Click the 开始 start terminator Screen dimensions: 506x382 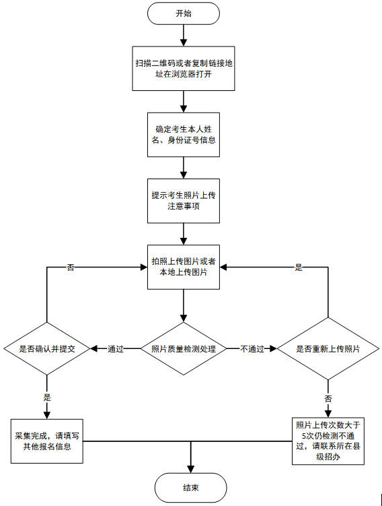click(184, 13)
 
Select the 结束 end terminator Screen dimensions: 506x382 click(190, 486)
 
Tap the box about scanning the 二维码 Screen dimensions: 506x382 click(184, 69)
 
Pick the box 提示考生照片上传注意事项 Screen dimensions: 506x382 click(184, 201)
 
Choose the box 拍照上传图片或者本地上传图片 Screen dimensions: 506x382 click(184, 267)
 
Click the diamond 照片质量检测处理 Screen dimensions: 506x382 click(184, 349)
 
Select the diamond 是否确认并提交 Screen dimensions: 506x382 click(47, 349)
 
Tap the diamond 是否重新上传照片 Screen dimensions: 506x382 click(328, 349)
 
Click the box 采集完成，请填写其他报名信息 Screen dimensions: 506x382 click(47, 441)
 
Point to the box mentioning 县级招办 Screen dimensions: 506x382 click(328, 441)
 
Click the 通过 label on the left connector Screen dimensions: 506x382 click(116, 349)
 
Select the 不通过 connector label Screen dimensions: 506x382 click(253, 349)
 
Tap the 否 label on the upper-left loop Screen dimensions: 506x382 click(71, 267)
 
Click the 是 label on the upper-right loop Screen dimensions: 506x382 click(299, 267)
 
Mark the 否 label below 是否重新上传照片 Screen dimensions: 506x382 click(328, 399)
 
